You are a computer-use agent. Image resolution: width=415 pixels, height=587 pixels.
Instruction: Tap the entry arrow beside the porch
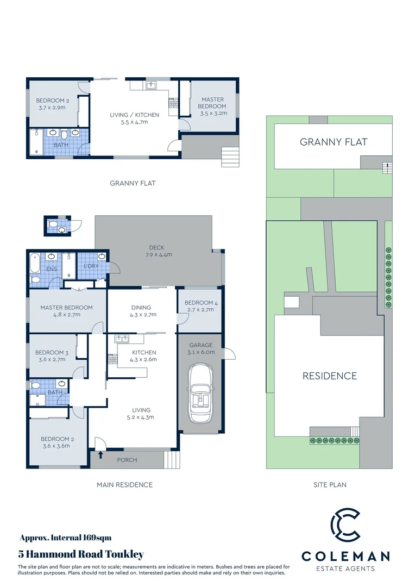(x=100, y=454)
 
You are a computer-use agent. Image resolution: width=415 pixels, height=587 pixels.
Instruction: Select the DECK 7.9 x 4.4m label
(x=159, y=251)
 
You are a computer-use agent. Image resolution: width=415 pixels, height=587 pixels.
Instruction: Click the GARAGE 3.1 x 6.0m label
(x=202, y=348)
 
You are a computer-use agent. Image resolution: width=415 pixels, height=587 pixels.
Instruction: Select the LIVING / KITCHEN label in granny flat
(x=135, y=118)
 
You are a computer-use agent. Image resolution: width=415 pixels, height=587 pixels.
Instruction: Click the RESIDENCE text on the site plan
(x=329, y=376)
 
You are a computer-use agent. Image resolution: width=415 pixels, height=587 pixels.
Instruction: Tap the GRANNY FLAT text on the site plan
(x=334, y=142)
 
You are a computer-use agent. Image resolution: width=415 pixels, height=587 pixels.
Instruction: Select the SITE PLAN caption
(x=330, y=485)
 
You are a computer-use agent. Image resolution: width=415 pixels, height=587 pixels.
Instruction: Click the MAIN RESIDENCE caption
(x=124, y=485)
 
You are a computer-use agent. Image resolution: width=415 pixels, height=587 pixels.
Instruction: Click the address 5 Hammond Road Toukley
(x=81, y=554)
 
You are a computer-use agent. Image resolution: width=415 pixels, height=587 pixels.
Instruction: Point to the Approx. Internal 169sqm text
(x=65, y=538)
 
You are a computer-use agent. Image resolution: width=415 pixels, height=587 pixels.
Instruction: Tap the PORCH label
(x=127, y=460)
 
